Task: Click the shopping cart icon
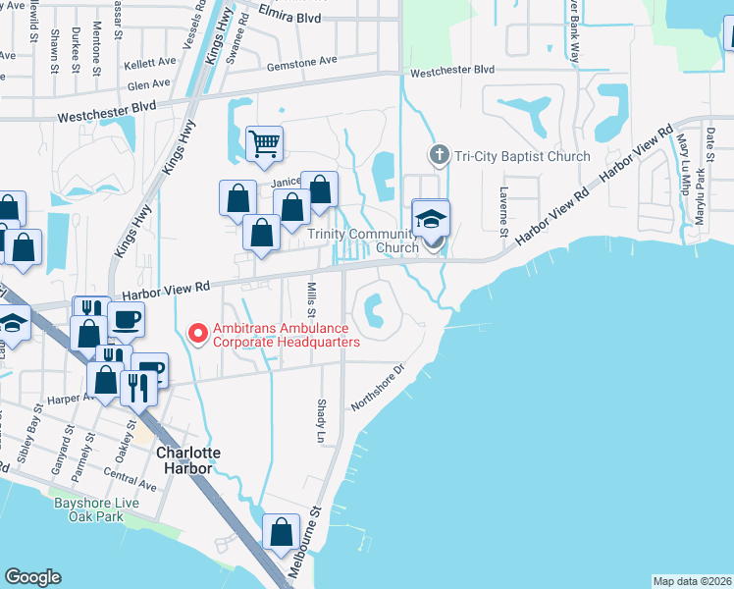click(264, 144)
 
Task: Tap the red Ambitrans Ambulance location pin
click(197, 334)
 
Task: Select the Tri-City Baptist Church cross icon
click(439, 155)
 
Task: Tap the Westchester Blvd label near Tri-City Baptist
click(452, 71)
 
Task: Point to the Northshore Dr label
click(378, 390)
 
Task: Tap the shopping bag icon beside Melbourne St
click(282, 533)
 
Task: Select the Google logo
click(32, 577)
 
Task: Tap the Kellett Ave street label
click(149, 65)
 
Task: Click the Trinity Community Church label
click(363, 241)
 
